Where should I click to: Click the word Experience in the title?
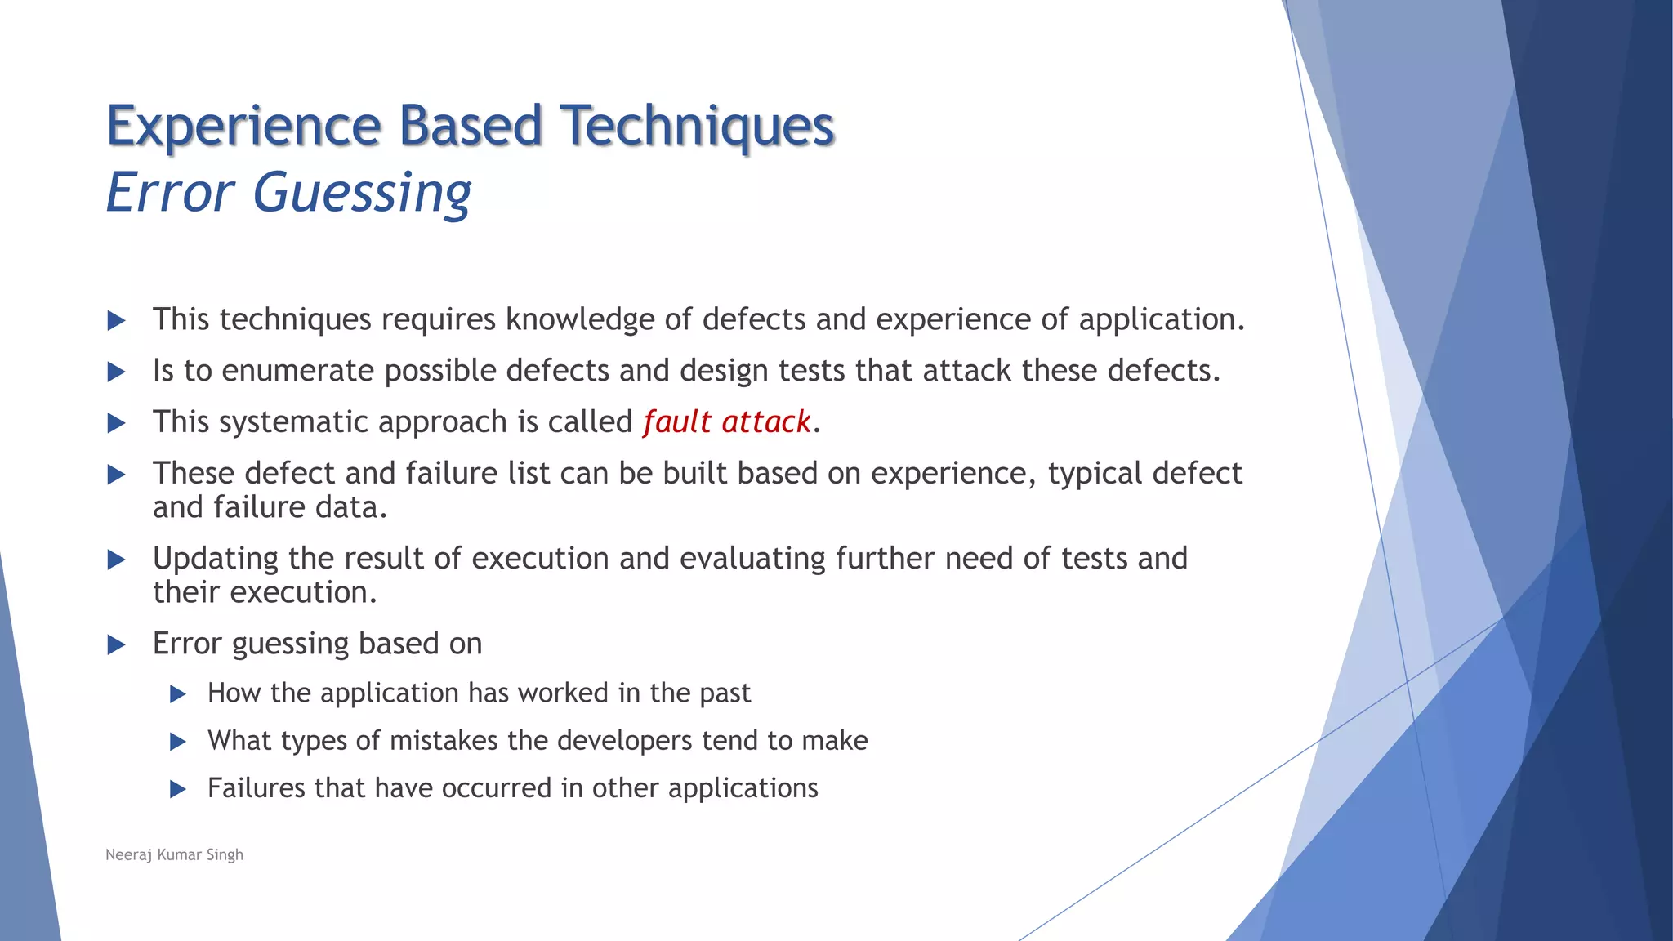(x=243, y=127)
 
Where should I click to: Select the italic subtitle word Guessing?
(x=362, y=194)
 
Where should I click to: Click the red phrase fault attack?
(x=726, y=422)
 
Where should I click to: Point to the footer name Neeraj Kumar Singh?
(x=174, y=854)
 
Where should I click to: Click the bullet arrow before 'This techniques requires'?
(x=117, y=320)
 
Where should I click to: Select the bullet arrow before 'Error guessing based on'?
(x=117, y=644)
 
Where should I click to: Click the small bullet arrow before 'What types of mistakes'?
(x=178, y=742)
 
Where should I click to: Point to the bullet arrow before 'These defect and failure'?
(x=117, y=475)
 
